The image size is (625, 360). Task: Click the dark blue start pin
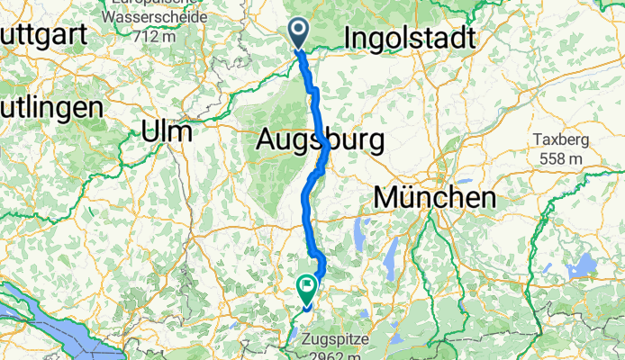(299, 35)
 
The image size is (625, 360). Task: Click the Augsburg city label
(321, 139)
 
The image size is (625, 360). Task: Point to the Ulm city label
(167, 131)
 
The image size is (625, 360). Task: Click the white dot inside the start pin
(299, 31)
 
